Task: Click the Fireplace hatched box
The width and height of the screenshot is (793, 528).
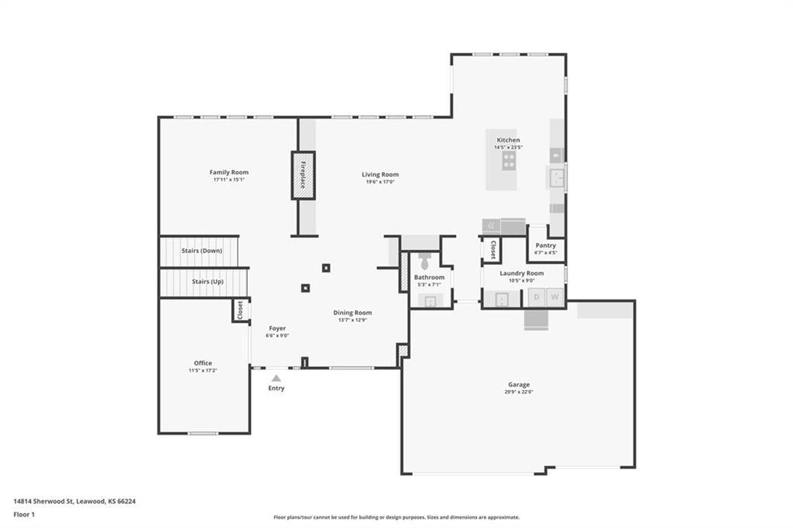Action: (303, 175)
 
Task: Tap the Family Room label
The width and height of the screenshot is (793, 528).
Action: (229, 173)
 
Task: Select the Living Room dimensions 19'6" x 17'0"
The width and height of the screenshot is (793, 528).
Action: (380, 182)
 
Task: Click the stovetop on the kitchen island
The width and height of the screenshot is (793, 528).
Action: (509, 161)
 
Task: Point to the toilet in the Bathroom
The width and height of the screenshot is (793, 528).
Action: (425, 261)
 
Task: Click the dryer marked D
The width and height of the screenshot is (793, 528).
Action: (537, 297)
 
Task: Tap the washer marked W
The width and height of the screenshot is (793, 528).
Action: (554, 297)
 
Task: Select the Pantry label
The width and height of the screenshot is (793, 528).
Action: (546, 245)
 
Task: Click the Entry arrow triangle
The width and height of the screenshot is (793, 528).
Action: (276, 379)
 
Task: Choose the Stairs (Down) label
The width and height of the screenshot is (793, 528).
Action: (202, 251)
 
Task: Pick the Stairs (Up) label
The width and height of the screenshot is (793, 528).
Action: (208, 282)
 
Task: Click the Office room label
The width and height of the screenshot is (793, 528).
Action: (203, 363)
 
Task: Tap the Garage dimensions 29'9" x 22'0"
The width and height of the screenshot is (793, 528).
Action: (519, 392)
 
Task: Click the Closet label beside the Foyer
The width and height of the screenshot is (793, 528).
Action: (240, 310)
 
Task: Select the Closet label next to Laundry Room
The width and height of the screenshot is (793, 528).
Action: (493, 249)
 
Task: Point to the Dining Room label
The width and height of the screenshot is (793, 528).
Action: (352, 313)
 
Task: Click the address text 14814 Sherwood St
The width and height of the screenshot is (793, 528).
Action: (44, 501)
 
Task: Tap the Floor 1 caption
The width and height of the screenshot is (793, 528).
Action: (24, 515)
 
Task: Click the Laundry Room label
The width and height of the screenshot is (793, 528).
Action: (522, 273)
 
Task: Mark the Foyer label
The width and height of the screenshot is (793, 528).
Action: (278, 328)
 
